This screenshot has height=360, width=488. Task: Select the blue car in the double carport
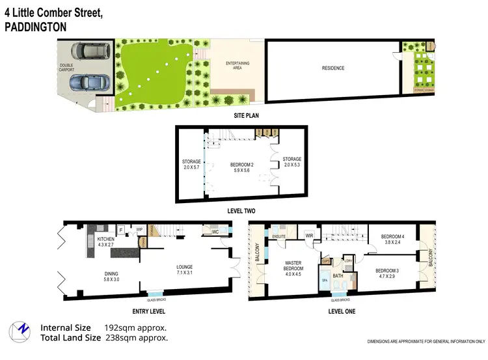click(x=86, y=83)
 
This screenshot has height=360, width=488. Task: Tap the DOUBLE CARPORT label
click(x=67, y=68)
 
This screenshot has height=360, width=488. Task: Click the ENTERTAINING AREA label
click(x=238, y=65)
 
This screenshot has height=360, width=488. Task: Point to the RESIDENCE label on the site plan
click(x=333, y=68)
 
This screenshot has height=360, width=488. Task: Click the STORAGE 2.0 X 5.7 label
click(x=191, y=165)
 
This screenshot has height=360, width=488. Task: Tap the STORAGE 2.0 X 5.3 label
click(x=292, y=161)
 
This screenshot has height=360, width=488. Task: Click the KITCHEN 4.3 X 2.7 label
click(x=106, y=243)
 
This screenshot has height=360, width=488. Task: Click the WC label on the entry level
click(x=215, y=231)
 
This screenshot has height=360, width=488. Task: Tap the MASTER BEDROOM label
click(x=293, y=270)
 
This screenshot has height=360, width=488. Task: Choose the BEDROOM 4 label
click(x=392, y=239)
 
